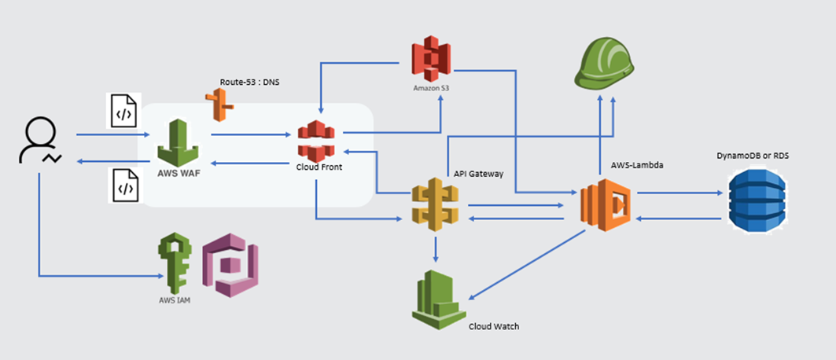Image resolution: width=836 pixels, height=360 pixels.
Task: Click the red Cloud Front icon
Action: [x=316, y=141]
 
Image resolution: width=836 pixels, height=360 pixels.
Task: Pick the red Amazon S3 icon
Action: [x=431, y=60]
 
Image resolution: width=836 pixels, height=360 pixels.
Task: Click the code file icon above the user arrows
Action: [x=123, y=111]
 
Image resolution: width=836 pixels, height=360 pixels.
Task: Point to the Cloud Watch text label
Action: [x=494, y=326]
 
